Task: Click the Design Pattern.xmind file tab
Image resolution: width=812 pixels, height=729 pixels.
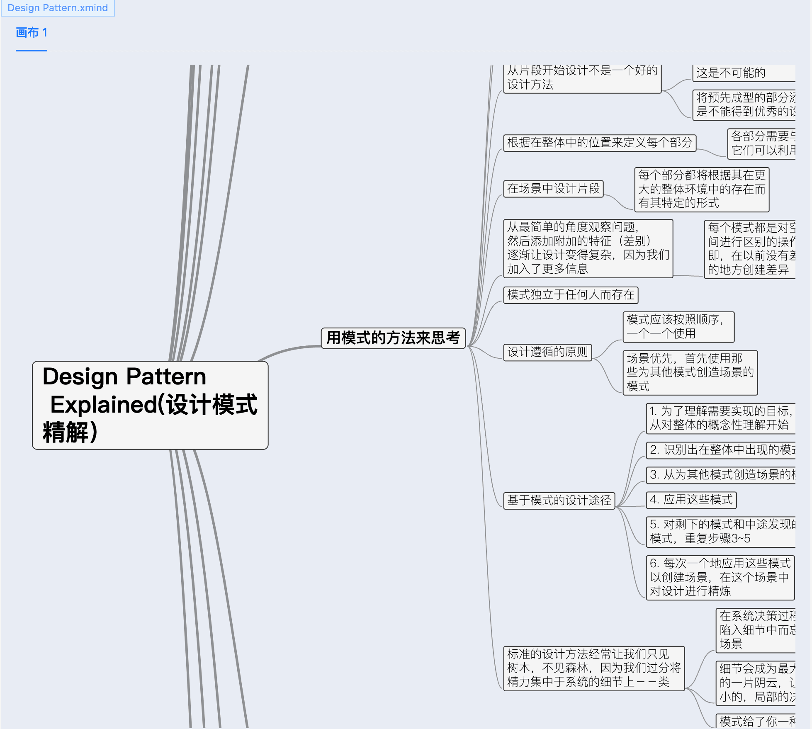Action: (x=58, y=8)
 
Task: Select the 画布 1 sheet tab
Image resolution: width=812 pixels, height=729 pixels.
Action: (x=32, y=33)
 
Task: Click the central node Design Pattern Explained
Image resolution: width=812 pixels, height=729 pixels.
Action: (x=150, y=405)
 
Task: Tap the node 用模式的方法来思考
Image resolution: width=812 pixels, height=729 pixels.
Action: (x=393, y=338)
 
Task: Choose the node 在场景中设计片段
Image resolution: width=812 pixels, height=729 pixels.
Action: (x=553, y=189)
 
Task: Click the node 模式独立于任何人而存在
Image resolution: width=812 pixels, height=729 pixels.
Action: (x=571, y=295)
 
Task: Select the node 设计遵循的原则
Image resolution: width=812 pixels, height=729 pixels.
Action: (x=547, y=352)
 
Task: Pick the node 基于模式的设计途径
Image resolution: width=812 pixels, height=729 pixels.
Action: (x=559, y=500)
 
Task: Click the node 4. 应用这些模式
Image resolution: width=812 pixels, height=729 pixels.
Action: (x=691, y=500)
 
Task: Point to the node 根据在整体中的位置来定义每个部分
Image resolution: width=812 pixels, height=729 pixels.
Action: (x=600, y=143)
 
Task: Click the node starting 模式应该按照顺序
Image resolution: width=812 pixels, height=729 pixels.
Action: (x=678, y=327)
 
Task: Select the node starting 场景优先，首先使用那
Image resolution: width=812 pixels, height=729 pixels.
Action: (x=690, y=372)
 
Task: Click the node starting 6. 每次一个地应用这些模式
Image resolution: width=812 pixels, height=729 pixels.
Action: (x=720, y=577)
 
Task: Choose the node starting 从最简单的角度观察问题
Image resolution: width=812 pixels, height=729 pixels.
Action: (x=588, y=248)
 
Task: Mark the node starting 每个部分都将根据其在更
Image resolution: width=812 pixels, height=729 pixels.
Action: (x=702, y=189)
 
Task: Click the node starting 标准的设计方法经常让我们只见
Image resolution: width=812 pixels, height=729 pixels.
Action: (x=594, y=668)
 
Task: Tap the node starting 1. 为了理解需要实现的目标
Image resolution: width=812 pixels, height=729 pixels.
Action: (x=721, y=418)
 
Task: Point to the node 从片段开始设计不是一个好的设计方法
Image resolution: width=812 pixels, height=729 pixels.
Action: (x=582, y=78)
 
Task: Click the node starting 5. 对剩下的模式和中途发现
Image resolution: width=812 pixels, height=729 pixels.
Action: (x=721, y=532)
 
